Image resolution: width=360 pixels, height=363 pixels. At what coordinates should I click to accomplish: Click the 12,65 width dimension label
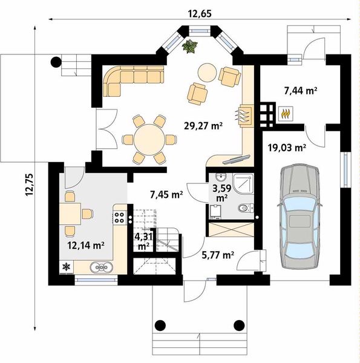200,14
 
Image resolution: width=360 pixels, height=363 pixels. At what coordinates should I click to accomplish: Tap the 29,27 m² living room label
203,126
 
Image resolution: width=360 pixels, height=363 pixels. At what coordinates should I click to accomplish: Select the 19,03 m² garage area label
287,147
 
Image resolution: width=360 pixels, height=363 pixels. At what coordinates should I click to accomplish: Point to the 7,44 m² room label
301,91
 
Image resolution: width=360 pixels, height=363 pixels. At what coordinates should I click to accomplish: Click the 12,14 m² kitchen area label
86,246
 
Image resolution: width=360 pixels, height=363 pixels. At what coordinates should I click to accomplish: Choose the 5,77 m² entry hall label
218,255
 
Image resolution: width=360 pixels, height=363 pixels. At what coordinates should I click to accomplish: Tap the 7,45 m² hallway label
166,195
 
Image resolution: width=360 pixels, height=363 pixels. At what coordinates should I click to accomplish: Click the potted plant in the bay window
190,47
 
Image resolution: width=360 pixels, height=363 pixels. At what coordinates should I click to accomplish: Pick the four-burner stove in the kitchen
119,217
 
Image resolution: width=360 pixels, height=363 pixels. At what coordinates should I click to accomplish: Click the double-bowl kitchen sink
102,267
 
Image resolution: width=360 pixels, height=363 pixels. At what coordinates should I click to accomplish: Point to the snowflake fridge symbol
67,267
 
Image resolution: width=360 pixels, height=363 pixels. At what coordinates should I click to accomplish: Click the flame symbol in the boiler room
286,114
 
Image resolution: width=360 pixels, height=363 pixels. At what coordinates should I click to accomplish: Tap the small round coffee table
207,72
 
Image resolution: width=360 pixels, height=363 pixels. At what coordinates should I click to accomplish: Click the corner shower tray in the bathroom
243,183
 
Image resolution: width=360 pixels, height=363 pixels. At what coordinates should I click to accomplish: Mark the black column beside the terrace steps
56,62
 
